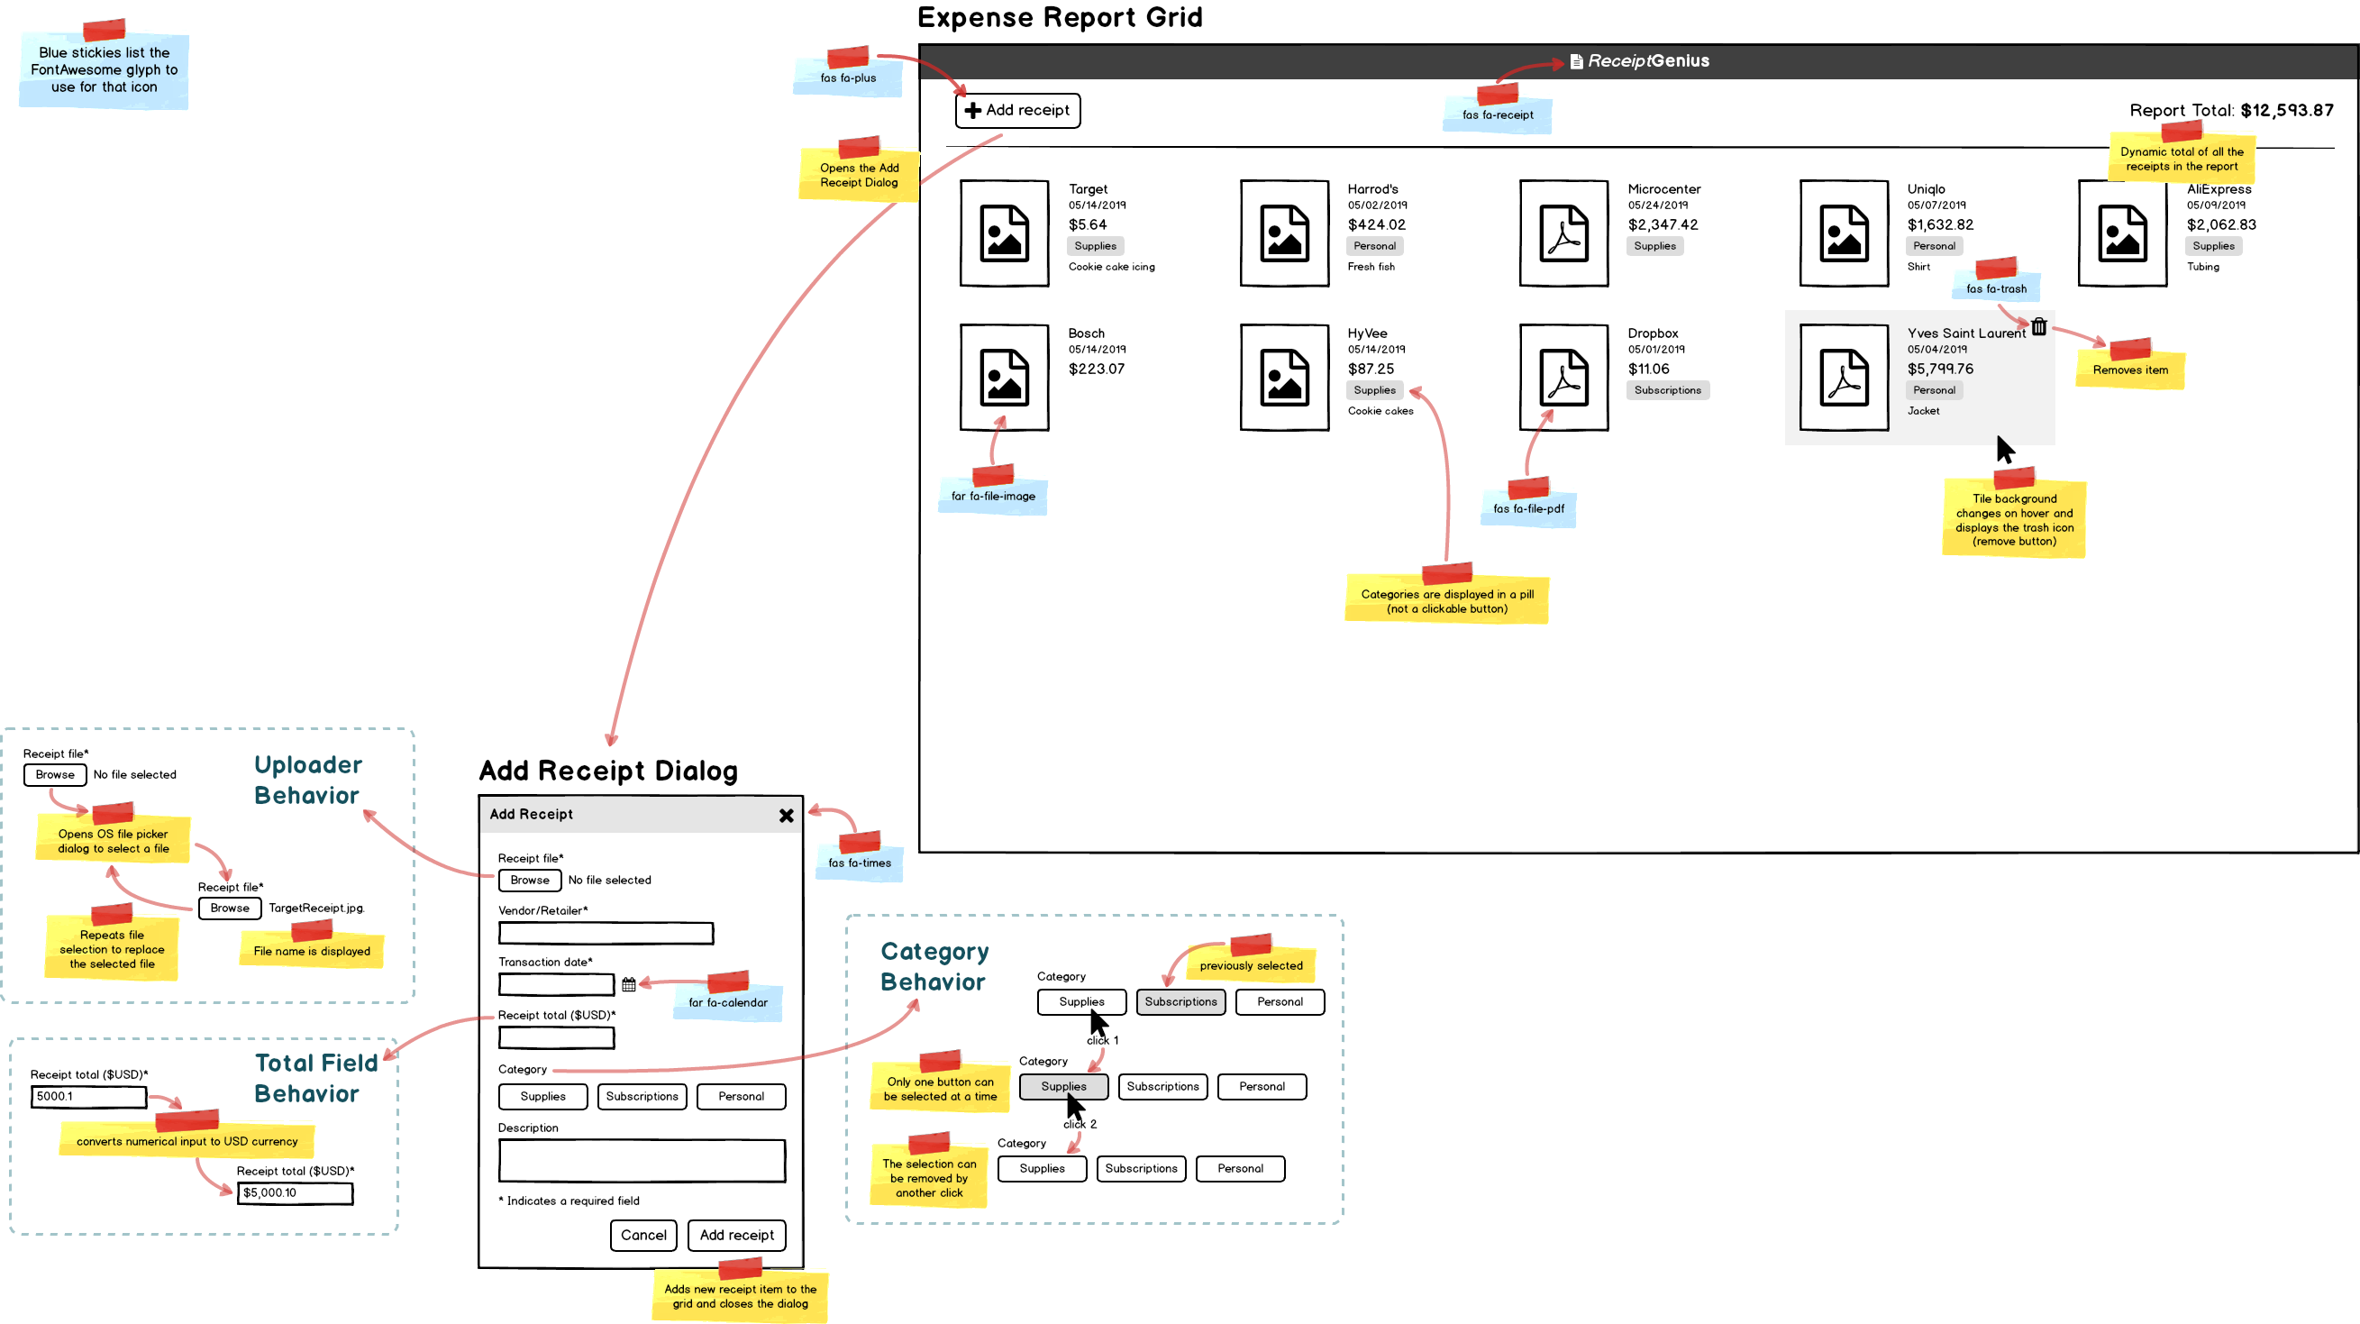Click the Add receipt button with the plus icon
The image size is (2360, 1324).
[x=1017, y=111]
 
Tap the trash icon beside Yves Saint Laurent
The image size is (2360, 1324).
[x=2038, y=326]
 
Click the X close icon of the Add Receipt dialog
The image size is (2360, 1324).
[x=786, y=816]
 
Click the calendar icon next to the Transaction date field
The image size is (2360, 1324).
[x=628, y=984]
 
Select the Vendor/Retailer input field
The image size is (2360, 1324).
[x=606, y=934]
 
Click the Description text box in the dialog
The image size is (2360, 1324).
[x=642, y=1161]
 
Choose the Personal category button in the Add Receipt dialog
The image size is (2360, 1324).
[x=740, y=1097]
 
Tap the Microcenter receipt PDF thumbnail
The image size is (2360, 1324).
[x=1563, y=233]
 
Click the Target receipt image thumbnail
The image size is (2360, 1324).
[x=1004, y=233]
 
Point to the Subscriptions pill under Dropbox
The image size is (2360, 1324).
[x=1666, y=390]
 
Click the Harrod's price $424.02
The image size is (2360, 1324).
[x=1376, y=224]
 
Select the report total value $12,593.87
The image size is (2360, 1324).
[x=2287, y=111]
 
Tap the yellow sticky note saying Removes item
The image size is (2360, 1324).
[x=2130, y=370]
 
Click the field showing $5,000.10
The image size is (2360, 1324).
[x=294, y=1193]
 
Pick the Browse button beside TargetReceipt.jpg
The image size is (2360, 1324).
[x=230, y=908]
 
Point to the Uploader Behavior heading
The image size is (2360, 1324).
[x=307, y=780]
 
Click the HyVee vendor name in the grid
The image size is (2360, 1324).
[x=1367, y=333]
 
